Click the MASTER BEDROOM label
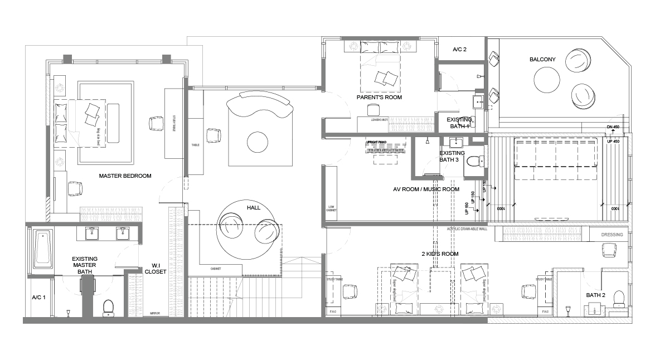click(125, 176)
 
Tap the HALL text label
click(254, 207)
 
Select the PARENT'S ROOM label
click(379, 97)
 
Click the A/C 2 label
click(459, 50)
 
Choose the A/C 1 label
click(38, 298)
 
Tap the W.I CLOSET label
click(155, 269)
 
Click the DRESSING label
click(612, 235)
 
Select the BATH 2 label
click(596, 295)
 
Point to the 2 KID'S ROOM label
click(439, 254)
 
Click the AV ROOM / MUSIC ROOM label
click(426, 189)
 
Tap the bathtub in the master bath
click(42, 250)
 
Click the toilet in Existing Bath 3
click(474, 162)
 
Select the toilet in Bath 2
click(618, 298)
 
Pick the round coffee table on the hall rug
click(257, 142)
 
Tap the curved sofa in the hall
click(259, 104)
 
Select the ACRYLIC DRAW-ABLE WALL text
click(467, 229)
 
